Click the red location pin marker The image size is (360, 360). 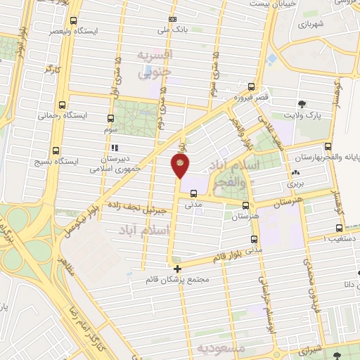click(180, 166)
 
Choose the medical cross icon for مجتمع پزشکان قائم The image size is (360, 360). click(177, 269)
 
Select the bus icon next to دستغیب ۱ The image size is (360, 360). click(340, 228)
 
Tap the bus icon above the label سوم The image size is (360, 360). click(110, 118)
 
